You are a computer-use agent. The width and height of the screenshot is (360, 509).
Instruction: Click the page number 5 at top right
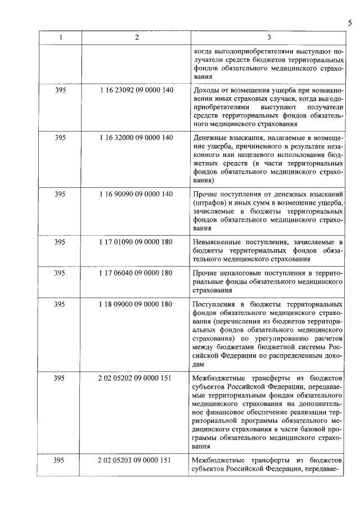pos(349,22)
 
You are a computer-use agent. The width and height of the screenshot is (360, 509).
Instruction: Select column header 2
pos(136,37)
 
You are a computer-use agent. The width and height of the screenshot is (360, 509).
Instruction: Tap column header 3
pos(268,37)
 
